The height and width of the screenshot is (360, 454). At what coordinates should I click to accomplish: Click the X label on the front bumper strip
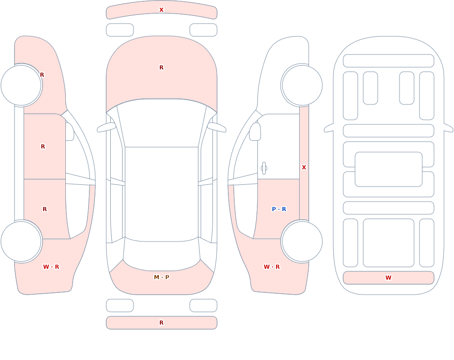pos(161,10)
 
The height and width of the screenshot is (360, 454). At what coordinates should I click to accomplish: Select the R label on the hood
pos(161,68)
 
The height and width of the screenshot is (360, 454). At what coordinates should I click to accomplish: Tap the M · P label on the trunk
pos(162,277)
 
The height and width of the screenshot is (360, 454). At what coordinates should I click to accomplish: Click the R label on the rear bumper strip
pos(161,323)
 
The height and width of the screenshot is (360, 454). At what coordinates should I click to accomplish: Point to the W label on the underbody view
pos(388,278)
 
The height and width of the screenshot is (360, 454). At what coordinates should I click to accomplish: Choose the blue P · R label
pos(279,209)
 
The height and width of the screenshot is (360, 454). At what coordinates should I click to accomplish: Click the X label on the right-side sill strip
pos(304,168)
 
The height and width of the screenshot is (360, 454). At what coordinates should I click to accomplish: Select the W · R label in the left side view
pos(51,267)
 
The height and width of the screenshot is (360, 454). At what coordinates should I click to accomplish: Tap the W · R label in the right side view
pos(271,267)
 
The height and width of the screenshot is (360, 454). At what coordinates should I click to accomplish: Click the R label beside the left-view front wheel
pos(42,75)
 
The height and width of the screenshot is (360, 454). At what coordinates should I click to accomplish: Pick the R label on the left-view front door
pos(43,147)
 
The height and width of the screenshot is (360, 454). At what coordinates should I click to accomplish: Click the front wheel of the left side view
pos(21,85)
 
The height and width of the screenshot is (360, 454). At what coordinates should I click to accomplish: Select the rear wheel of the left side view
pos(21,241)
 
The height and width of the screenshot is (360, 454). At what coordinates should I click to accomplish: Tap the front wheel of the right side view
pos(302,85)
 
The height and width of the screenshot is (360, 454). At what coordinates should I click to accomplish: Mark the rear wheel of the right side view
pos(302,241)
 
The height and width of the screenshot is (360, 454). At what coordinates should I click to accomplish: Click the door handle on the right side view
pos(264,168)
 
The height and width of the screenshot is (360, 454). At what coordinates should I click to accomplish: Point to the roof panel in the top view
pos(162,194)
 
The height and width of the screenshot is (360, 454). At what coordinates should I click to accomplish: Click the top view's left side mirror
pos(106,128)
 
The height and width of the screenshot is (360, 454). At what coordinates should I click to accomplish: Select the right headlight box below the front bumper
pos(203,30)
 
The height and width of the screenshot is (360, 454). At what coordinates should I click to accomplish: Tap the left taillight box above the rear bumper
pos(119,306)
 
